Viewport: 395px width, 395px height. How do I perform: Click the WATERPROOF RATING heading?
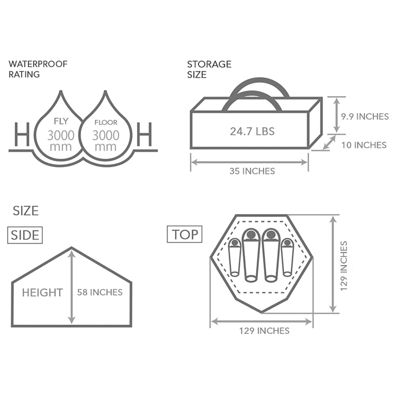[38, 69]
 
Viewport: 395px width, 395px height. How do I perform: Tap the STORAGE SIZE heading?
[209, 69]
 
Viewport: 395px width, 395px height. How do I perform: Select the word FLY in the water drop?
[61, 121]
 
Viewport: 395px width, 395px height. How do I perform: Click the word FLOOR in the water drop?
[106, 122]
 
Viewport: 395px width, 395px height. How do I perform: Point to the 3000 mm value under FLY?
[61, 141]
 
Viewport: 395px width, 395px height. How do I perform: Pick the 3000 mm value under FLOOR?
[106, 141]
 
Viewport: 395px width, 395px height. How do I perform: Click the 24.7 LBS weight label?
[252, 131]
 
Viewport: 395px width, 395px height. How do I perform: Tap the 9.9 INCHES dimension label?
[365, 117]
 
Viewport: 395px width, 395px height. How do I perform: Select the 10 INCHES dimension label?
[364, 145]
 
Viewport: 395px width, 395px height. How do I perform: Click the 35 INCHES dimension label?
[252, 171]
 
